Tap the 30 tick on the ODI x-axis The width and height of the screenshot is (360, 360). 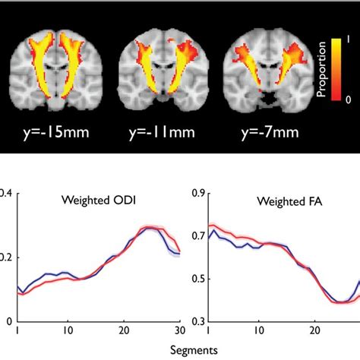pyautogui.click(x=179, y=333)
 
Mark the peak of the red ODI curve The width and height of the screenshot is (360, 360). pyautogui.click(x=150, y=226)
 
